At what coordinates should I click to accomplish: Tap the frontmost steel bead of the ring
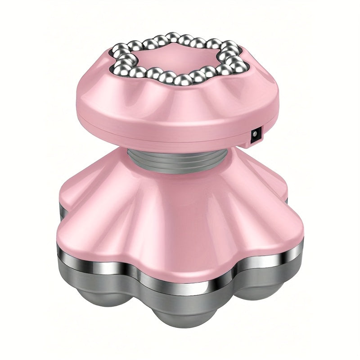(182, 80)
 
